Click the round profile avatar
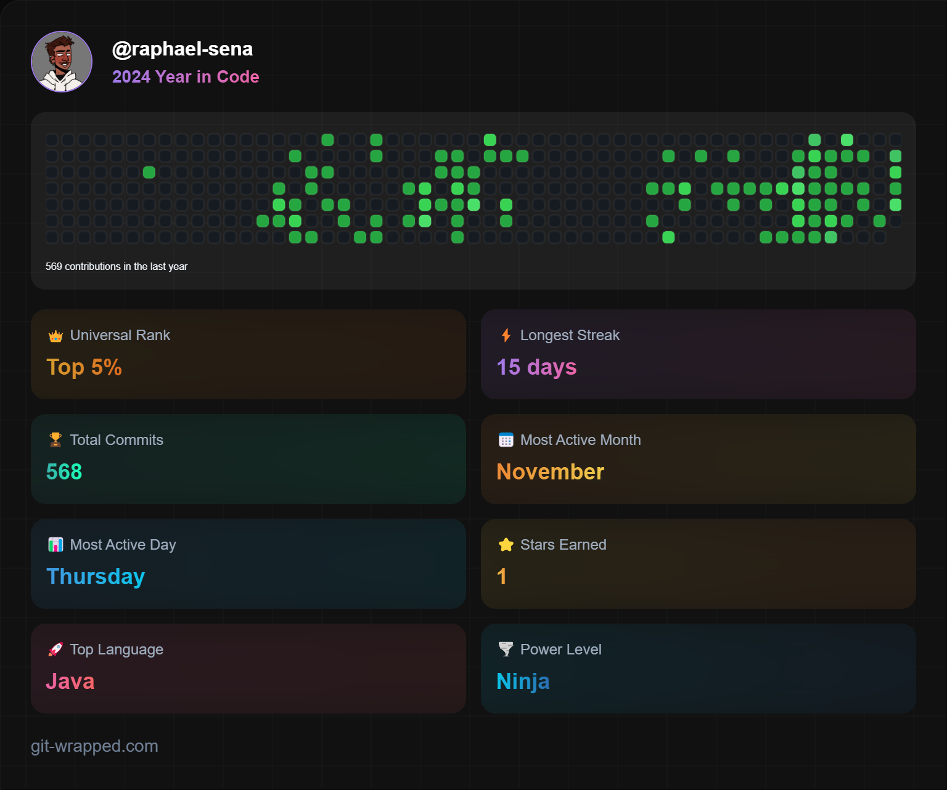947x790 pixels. pyautogui.click(x=62, y=62)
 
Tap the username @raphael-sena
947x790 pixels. pyautogui.click(x=182, y=49)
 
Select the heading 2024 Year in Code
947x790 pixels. pyautogui.click(x=186, y=76)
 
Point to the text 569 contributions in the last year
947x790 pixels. pyautogui.click(x=116, y=266)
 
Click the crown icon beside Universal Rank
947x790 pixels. pyautogui.click(x=55, y=336)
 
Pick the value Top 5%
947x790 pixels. pyautogui.click(x=84, y=367)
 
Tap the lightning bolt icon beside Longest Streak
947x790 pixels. pyautogui.click(x=506, y=335)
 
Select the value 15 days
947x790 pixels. pyautogui.click(x=536, y=367)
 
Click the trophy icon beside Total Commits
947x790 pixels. pyautogui.click(x=55, y=439)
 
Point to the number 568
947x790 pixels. pyautogui.click(x=64, y=472)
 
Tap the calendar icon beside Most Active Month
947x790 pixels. pyautogui.click(x=506, y=439)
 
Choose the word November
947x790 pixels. pyautogui.click(x=550, y=472)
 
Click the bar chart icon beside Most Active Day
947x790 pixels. pyautogui.click(x=55, y=544)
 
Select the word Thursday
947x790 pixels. pyautogui.click(x=96, y=577)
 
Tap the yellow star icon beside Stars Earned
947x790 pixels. pyautogui.click(x=506, y=544)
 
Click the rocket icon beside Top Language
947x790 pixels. pyautogui.click(x=55, y=650)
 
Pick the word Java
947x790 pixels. pyautogui.click(x=70, y=681)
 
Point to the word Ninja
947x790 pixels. pyautogui.click(x=523, y=682)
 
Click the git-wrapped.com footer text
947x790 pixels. pyautogui.click(x=94, y=746)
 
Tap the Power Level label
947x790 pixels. pyautogui.click(x=560, y=650)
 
